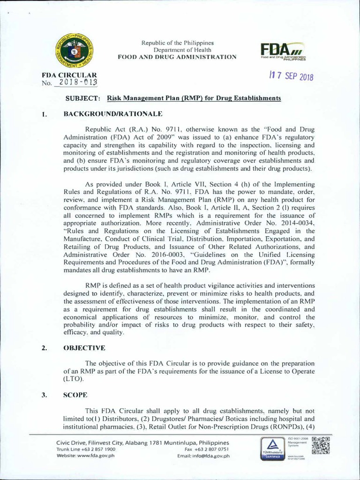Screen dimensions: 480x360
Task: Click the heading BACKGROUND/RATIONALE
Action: (108, 113)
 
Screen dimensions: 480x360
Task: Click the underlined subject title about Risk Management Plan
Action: (194, 98)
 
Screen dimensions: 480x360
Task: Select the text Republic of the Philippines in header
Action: (177, 43)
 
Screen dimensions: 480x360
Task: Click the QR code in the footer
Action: (320, 446)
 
